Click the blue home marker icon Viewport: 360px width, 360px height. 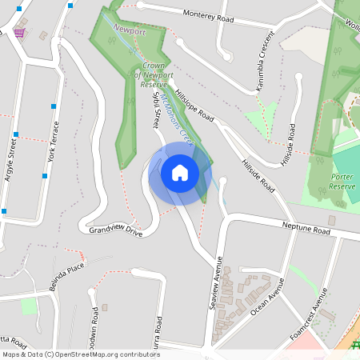(180, 173)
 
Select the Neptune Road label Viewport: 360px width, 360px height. (306, 230)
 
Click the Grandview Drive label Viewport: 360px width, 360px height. (115, 231)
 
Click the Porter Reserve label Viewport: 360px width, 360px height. (342, 181)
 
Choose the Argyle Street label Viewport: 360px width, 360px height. (10, 160)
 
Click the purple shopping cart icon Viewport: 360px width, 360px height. (18, 32)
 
